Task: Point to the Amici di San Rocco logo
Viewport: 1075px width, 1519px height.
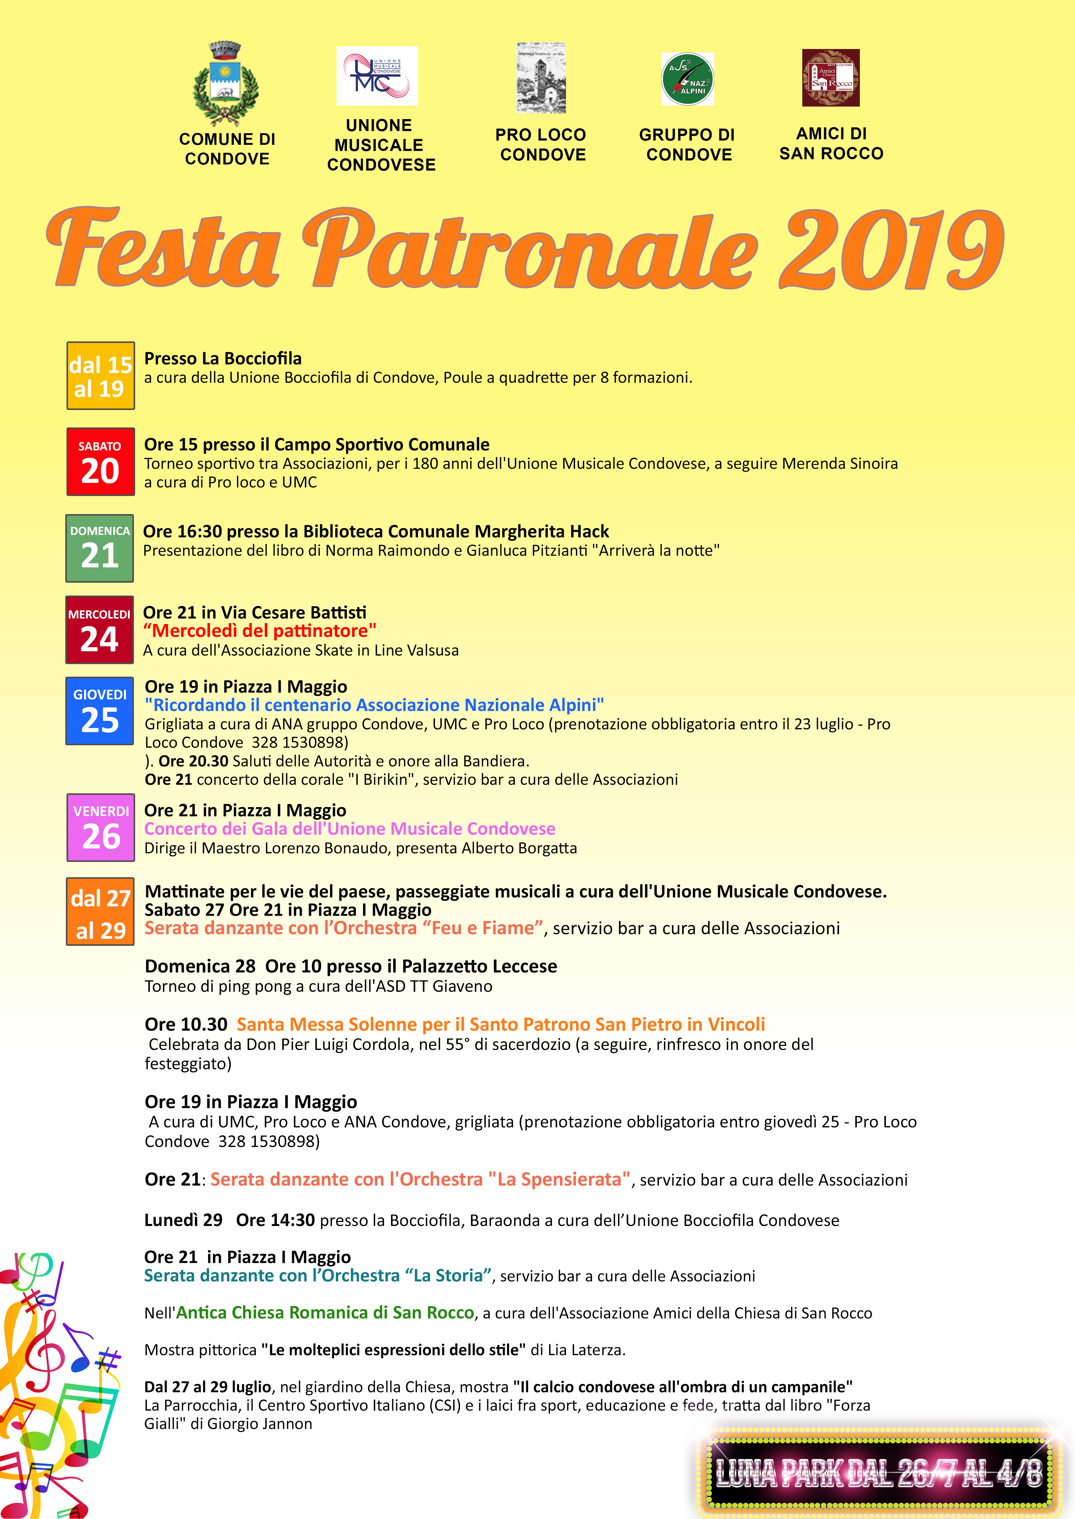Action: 831,77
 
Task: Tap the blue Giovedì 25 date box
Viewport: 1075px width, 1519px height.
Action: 100,711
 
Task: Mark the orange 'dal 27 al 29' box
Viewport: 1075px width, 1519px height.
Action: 101,911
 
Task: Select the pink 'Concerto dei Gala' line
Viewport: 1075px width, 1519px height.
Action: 350,829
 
